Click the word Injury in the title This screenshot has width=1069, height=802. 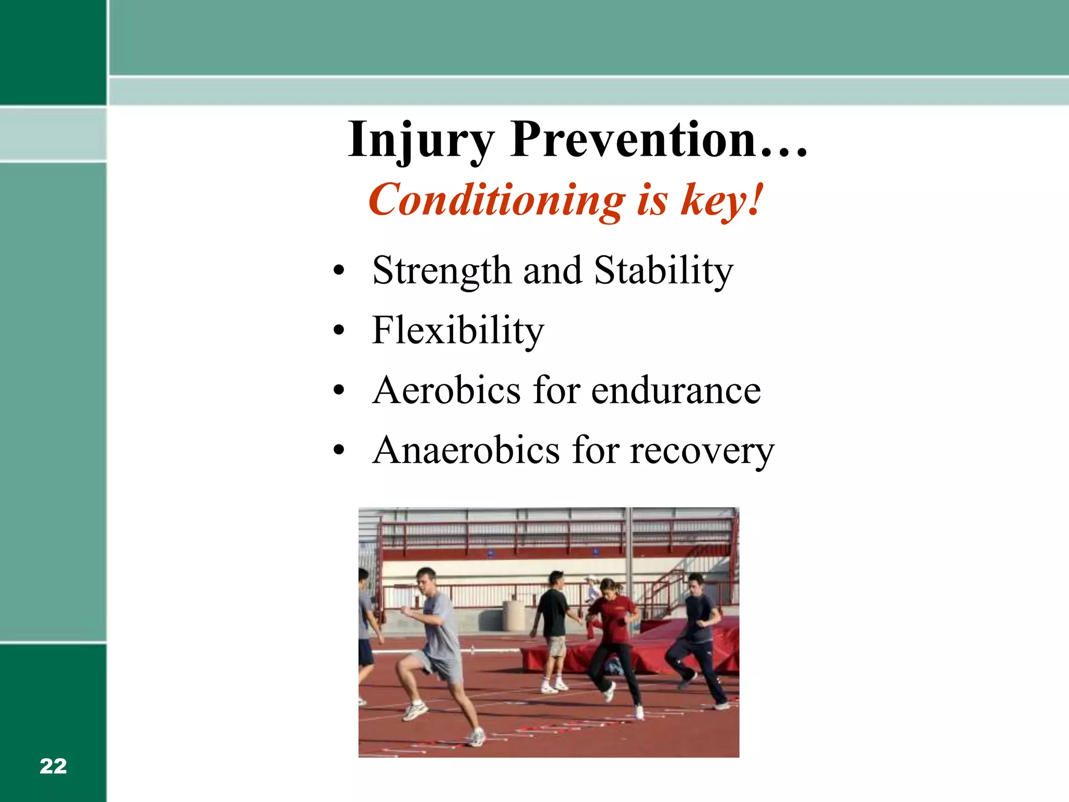[421, 140]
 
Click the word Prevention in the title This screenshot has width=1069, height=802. [633, 140]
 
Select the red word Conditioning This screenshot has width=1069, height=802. [496, 200]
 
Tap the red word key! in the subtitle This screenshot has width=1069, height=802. [722, 200]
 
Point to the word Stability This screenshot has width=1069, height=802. [663, 271]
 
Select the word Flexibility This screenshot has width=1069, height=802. [458, 331]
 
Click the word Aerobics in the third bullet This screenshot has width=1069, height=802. [447, 391]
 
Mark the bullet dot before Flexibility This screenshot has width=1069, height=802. [339, 331]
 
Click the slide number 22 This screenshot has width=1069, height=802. [53, 766]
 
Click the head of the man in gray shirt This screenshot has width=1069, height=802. [427, 580]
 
